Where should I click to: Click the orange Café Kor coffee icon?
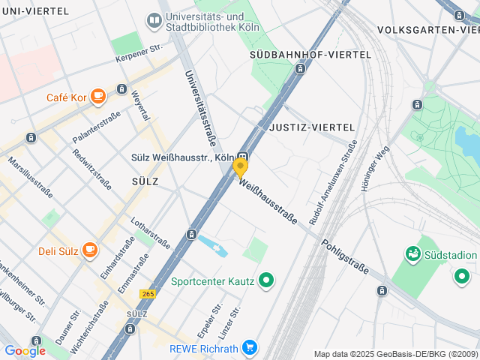click(x=97, y=96)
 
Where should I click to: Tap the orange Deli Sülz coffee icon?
click(x=90, y=250)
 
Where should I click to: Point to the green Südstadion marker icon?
click(x=412, y=255)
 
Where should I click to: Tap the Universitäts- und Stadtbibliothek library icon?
click(x=154, y=20)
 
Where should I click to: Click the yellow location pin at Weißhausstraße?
click(x=240, y=166)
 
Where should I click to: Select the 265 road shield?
click(x=148, y=293)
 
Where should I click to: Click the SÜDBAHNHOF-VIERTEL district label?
click(x=310, y=55)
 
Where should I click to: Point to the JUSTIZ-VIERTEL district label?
click(x=310, y=127)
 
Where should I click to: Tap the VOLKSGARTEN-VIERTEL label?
click(x=428, y=29)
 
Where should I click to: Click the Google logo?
click(x=25, y=351)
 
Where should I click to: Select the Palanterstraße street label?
click(x=96, y=127)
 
